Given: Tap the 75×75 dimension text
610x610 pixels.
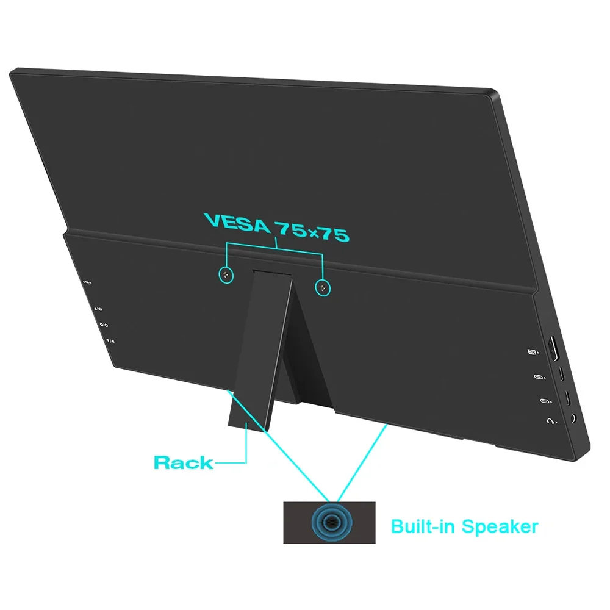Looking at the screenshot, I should pos(312,231).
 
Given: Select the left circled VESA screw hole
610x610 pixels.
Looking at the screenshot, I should pos(226,275).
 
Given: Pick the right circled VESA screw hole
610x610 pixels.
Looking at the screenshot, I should pos(322,288).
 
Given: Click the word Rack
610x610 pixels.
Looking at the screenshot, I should pos(183,462).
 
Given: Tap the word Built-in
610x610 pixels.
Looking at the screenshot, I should pos(423,526).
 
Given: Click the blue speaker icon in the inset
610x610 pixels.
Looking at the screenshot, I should pos(331,522).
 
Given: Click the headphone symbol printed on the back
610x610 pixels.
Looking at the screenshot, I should pos(551,421).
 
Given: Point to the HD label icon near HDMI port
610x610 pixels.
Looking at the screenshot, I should pos(531,352).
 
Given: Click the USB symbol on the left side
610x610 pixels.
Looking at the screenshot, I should pos(88,282).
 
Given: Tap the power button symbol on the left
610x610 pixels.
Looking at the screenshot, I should pos(103,325).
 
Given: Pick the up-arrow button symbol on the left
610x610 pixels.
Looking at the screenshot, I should pos(98,309).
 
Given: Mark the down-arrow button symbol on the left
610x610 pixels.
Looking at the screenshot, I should pos(109,342).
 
